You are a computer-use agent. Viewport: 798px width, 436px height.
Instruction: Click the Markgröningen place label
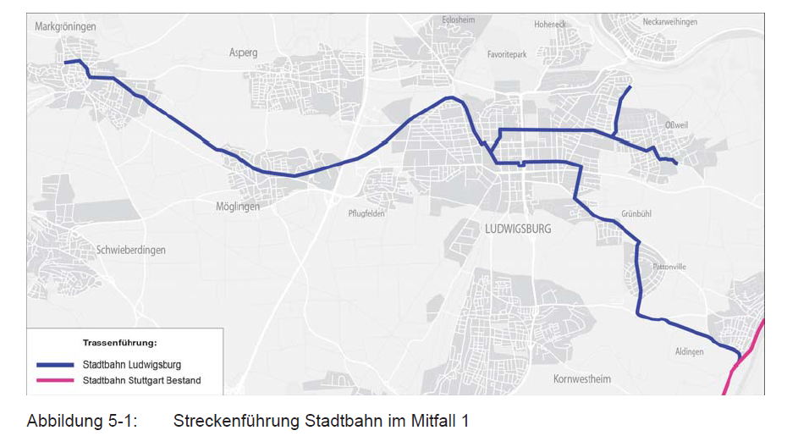click(x=66, y=27)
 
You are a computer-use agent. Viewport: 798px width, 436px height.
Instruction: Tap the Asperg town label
click(x=243, y=52)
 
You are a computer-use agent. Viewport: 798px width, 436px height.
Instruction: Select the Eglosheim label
click(x=460, y=20)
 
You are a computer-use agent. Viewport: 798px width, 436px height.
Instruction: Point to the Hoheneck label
click(x=549, y=25)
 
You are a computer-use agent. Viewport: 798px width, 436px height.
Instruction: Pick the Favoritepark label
click(x=507, y=54)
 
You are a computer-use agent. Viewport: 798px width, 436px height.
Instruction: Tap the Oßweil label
click(x=676, y=125)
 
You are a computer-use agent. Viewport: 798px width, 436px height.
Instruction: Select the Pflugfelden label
click(x=366, y=213)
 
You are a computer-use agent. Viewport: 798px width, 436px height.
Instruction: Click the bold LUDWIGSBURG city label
click(x=518, y=229)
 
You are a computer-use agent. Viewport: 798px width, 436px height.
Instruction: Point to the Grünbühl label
click(x=636, y=214)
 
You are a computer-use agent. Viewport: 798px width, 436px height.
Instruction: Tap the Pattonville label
click(x=669, y=267)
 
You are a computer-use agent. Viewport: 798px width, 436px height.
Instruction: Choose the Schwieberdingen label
click(x=131, y=251)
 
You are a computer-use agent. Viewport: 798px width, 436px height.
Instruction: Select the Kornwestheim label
click(x=581, y=378)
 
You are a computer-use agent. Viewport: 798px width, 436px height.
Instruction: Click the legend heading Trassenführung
click(x=120, y=343)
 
